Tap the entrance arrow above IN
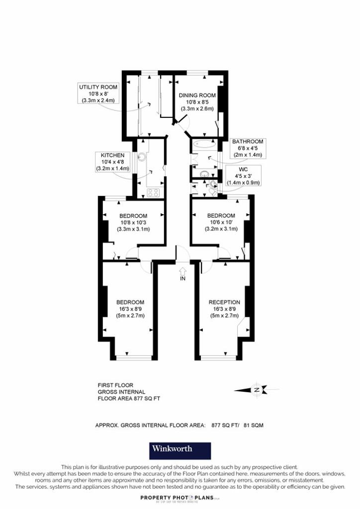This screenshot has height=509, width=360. pos(182,271)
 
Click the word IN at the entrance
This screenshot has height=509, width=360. pos(182,279)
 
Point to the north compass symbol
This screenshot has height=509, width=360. pos(257,390)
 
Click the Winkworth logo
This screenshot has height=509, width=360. pos(180,450)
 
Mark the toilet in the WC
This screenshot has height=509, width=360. pos(213,191)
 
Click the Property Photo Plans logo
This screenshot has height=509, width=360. pos(180,498)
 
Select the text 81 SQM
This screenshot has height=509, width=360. pos(256,425)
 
